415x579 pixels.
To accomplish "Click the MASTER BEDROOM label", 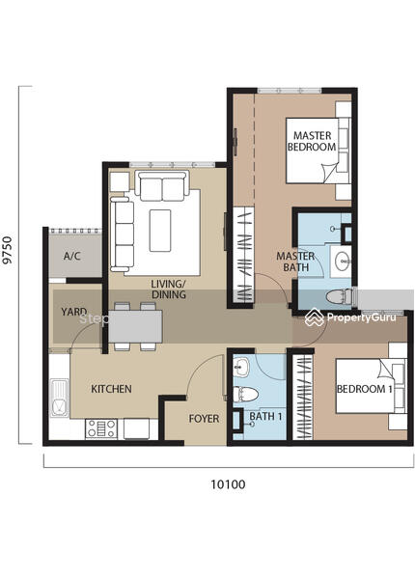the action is pyautogui.click(x=312, y=141).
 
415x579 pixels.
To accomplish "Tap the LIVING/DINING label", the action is pyautogui.click(x=168, y=289).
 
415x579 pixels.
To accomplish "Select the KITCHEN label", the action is pyautogui.click(x=111, y=389).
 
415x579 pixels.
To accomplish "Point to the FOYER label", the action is pyautogui.click(x=204, y=419).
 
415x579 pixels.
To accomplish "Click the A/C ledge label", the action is pyautogui.click(x=72, y=256).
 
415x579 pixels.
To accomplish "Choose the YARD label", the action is pyautogui.click(x=74, y=312).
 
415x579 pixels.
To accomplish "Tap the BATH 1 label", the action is pyautogui.click(x=265, y=417).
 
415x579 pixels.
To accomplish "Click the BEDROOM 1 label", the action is pyautogui.click(x=365, y=389).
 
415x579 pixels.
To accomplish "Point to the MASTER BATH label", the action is pyautogui.click(x=295, y=262).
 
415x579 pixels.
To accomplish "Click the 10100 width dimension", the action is pyautogui.click(x=228, y=484).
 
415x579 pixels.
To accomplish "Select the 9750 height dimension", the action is pyautogui.click(x=8, y=250).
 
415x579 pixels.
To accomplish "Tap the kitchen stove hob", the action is pyautogui.click(x=101, y=428).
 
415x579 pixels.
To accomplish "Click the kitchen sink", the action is pyautogui.click(x=59, y=398).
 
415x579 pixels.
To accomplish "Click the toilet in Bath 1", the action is pyautogui.click(x=245, y=395).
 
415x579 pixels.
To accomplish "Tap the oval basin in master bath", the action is pyautogui.click(x=343, y=261).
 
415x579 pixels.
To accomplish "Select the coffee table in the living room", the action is pyautogui.click(x=160, y=231).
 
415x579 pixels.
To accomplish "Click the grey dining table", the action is pyautogui.click(x=135, y=326).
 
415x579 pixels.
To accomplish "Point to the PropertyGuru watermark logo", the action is pyautogui.click(x=350, y=317).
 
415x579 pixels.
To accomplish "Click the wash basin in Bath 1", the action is pyautogui.click(x=242, y=368).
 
